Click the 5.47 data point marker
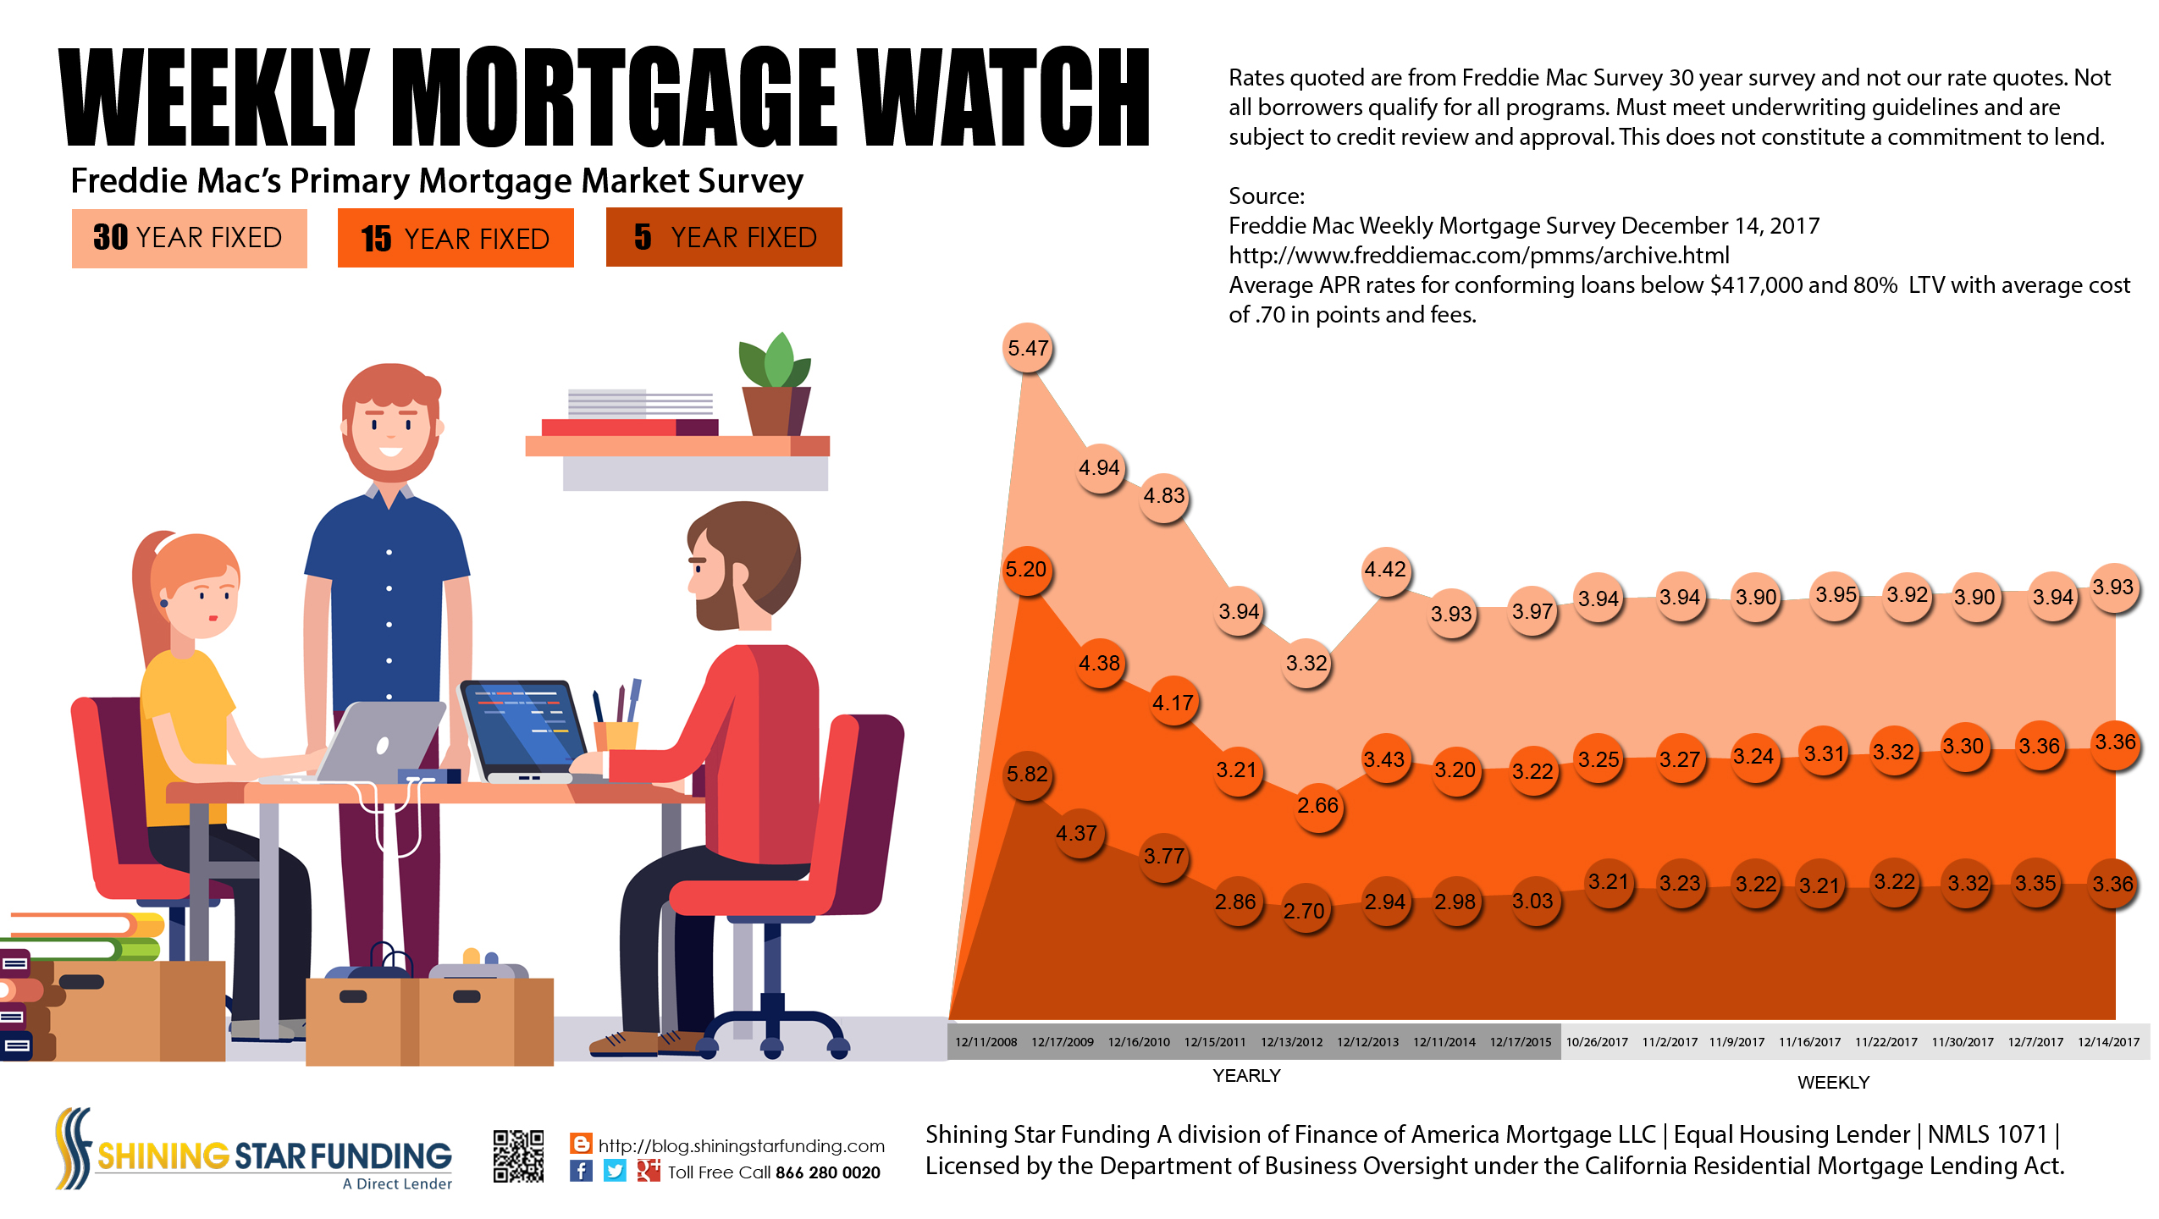1028,348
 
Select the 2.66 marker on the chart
1317,805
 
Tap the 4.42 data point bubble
1385,570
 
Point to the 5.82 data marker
1027,775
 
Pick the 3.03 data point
1532,902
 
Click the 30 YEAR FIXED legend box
189,238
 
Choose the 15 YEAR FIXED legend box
456,239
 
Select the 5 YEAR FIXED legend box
724,238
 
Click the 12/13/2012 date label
1291,1042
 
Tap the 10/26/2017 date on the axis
1597,1042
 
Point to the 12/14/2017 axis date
2108,1042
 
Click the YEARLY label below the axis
1246,1076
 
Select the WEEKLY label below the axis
1833,1083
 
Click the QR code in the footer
518,1156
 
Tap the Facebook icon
581,1171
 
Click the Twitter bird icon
615,1171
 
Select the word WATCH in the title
1002,97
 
